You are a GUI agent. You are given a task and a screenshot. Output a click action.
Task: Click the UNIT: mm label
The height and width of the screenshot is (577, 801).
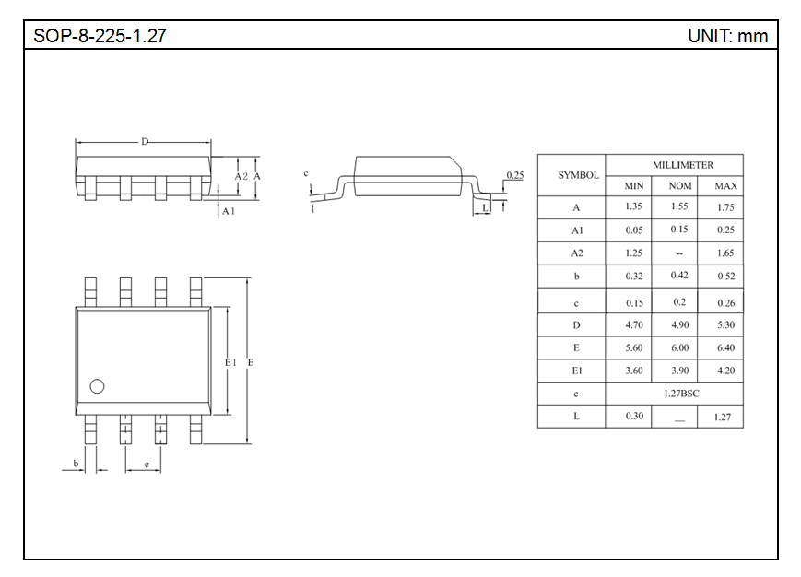pyautogui.click(x=726, y=37)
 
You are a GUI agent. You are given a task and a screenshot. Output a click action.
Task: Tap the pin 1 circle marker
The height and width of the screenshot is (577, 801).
pyautogui.click(x=97, y=386)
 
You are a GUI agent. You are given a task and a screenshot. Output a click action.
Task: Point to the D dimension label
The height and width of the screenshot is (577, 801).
pyautogui.click(x=145, y=142)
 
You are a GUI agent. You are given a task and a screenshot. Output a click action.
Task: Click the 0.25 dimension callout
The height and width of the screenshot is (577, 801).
pyautogui.click(x=515, y=175)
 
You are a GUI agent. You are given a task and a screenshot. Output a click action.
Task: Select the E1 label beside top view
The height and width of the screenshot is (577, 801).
pyautogui.click(x=231, y=363)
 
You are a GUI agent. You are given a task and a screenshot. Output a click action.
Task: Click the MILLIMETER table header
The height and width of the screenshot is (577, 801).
pyautogui.click(x=683, y=165)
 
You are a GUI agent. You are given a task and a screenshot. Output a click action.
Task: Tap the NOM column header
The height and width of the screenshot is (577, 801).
pyautogui.click(x=679, y=186)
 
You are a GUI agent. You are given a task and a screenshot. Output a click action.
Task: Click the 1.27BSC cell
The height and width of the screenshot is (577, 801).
pyautogui.click(x=681, y=394)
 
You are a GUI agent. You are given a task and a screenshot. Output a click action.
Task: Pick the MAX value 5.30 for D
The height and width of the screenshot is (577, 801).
pyautogui.click(x=724, y=325)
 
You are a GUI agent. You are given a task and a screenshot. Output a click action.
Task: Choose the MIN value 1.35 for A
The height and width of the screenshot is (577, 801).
pyautogui.click(x=633, y=207)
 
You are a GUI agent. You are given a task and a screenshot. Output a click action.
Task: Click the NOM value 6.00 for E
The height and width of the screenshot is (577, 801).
pyautogui.click(x=679, y=348)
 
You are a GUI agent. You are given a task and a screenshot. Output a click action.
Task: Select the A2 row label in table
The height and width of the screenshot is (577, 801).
pyautogui.click(x=577, y=253)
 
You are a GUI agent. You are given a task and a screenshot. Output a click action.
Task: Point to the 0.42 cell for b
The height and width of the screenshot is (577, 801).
pyautogui.click(x=679, y=276)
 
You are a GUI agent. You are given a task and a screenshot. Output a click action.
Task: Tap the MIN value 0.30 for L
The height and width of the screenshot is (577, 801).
pyautogui.click(x=634, y=417)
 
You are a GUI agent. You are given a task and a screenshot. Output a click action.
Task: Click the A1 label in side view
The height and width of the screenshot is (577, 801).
pyautogui.click(x=228, y=211)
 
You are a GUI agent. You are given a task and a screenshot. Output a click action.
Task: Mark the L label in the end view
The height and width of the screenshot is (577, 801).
pyautogui.click(x=486, y=208)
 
